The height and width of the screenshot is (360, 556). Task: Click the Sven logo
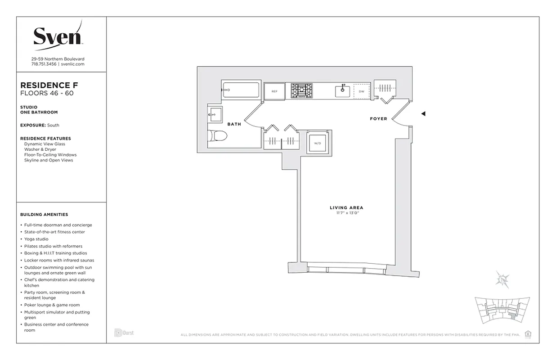(x=58, y=36)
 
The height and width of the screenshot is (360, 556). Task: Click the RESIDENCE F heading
(x=49, y=85)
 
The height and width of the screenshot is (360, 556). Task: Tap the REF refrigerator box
(x=274, y=91)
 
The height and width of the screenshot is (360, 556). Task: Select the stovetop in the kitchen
(x=301, y=90)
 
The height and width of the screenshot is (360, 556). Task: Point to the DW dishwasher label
(x=361, y=91)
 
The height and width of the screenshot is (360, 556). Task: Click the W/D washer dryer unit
(x=318, y=143)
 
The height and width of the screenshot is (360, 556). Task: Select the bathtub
(x=241, y=90)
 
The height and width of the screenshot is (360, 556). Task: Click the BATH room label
(x=234, y=124)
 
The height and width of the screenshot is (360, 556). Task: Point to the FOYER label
(x=378, y=119)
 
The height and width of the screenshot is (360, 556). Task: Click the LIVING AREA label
(x=346, y=207)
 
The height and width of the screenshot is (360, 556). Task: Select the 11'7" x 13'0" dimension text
(x=346, y=212)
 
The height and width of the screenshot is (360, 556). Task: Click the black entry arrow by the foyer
(x=423, y=114)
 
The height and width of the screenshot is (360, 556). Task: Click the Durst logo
(x=124, y=333)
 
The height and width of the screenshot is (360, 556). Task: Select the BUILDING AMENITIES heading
(x=44, y=215)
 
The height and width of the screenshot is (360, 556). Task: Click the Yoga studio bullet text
(x=36, y=239)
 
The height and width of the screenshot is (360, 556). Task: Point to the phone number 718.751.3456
(x=44, y=64)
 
